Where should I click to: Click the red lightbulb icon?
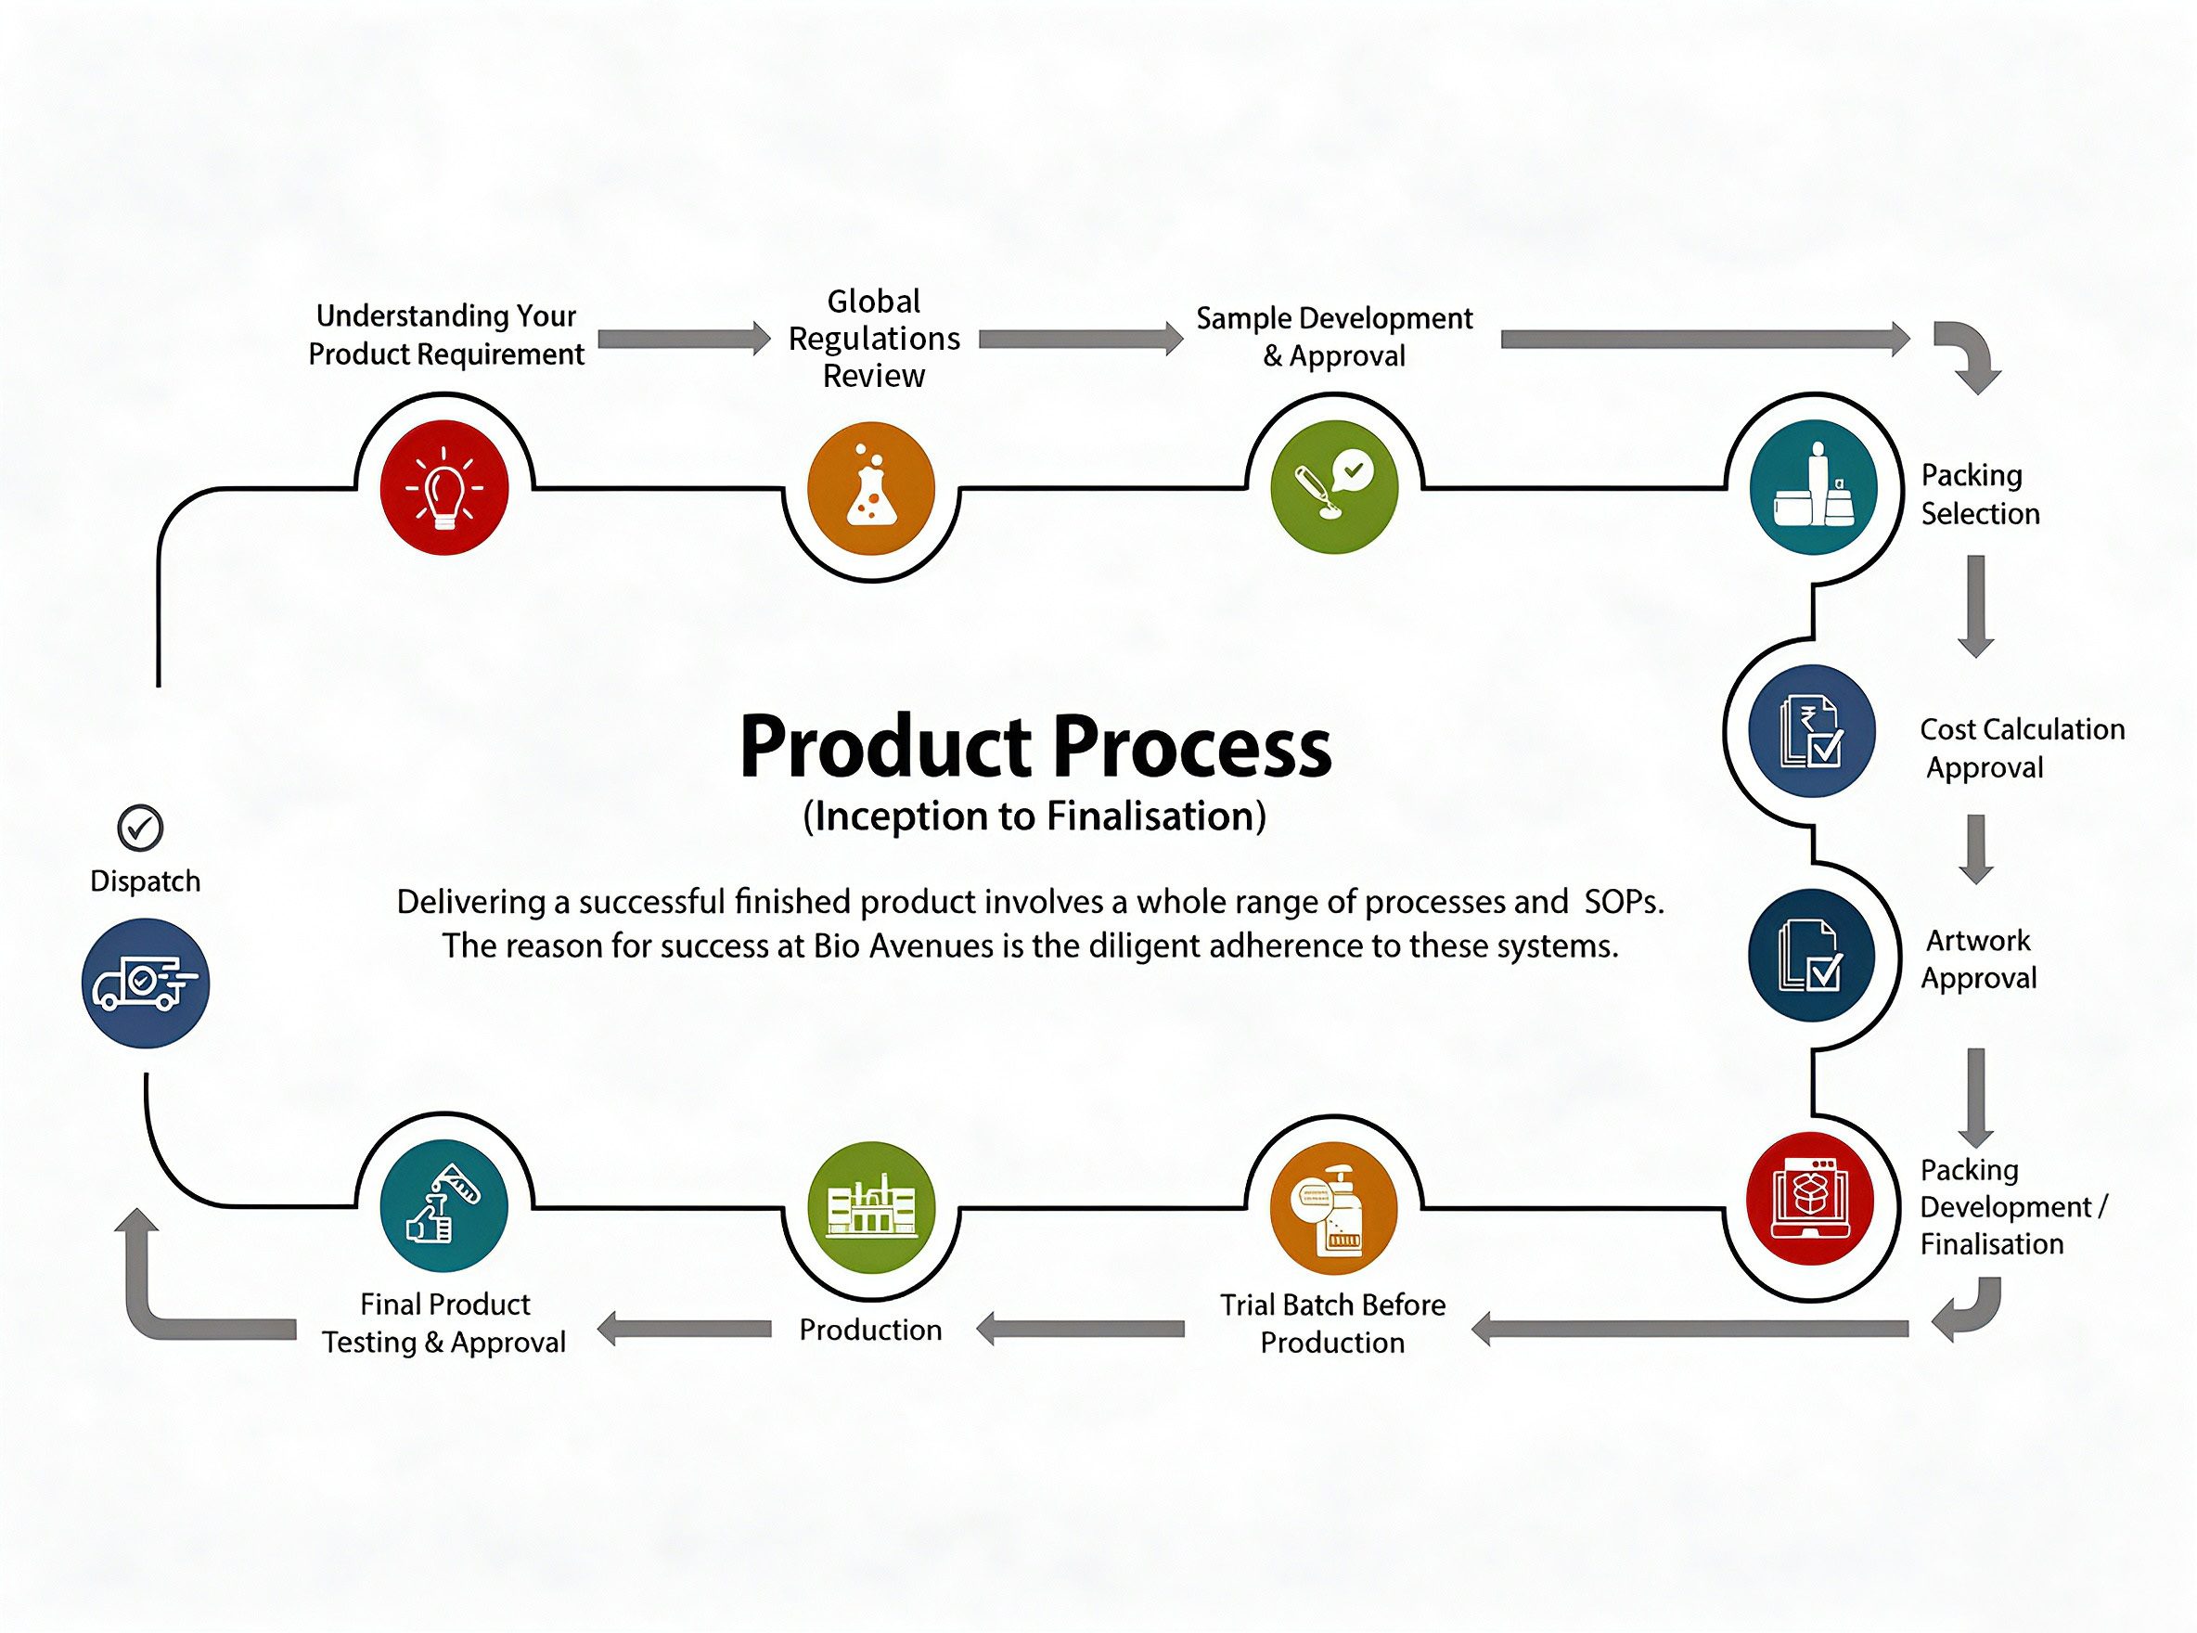coord(444,488)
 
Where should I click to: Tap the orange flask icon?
coord(870,488)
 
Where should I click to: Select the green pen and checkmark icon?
coord(1334,488)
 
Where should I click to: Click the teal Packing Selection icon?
coord(1813,488)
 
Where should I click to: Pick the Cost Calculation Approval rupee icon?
coord(1812,730)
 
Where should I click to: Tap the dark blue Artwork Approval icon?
coord(1812,956)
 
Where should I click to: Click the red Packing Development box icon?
coord(1810,1199)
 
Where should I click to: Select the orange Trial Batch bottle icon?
coord(1334,1207)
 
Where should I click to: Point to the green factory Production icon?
coord(870,1207)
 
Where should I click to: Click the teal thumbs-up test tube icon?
coord(444,1207)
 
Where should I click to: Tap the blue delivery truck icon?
coord(146,983)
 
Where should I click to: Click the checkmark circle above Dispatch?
coord(140,828)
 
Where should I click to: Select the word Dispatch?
coord(146,881)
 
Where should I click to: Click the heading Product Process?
coord(1034,747)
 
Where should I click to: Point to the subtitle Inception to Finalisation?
coord(1034,816)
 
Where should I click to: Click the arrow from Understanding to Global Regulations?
coord(685,339)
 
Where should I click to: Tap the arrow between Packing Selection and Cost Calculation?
coord(1975,606)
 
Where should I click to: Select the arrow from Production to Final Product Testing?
coord(684,1329)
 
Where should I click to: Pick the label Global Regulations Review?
coord(874,338)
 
